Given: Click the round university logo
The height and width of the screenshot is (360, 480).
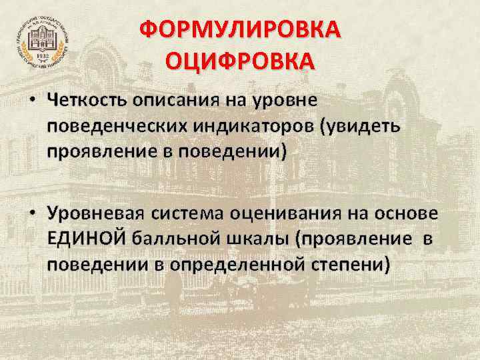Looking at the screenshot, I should [x=41, y=41].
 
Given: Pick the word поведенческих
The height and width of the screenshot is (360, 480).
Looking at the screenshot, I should [x=116, y=126].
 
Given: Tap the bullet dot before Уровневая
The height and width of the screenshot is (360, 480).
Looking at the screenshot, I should [x=32, y=214].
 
